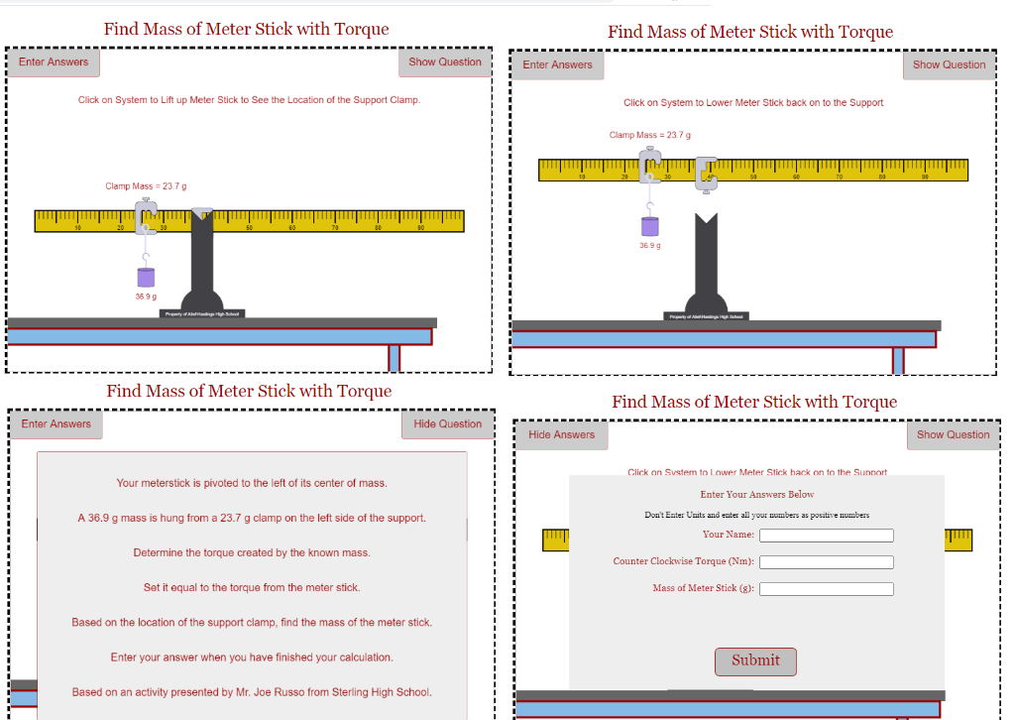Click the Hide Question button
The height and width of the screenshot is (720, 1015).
(x=447, y=424)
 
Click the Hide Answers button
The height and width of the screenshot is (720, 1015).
(x=561, y=435)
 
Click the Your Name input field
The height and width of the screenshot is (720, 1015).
(x=826, y=536)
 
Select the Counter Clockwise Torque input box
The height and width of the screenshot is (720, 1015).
(x=826, y=562)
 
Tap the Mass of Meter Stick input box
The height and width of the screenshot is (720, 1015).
(x=826, y=589)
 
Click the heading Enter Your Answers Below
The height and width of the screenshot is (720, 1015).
(x=756, y=494)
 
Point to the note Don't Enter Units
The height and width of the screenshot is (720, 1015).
(x=756, y=515)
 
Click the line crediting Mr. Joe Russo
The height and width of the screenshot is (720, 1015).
(x=252, y=692)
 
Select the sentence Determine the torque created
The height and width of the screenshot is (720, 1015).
(x=252, y=552)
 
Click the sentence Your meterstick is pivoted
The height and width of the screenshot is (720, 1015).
(x=252, y=483)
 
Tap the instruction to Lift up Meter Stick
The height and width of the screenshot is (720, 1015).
(x=249, y=100)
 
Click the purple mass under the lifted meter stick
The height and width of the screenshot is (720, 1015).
(x=649, y=227)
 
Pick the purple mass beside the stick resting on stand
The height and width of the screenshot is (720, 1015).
(x=146, y=277)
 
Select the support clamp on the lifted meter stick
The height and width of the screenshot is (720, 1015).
(x=706, y=173)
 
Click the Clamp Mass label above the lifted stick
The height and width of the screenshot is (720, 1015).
(x=649, y=135)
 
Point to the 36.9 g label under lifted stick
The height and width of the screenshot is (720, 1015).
(x=649, y=246)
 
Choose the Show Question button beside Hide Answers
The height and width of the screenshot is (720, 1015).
(x=953, y=435)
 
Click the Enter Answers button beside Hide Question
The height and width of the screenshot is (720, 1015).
(x=56, y=424)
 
